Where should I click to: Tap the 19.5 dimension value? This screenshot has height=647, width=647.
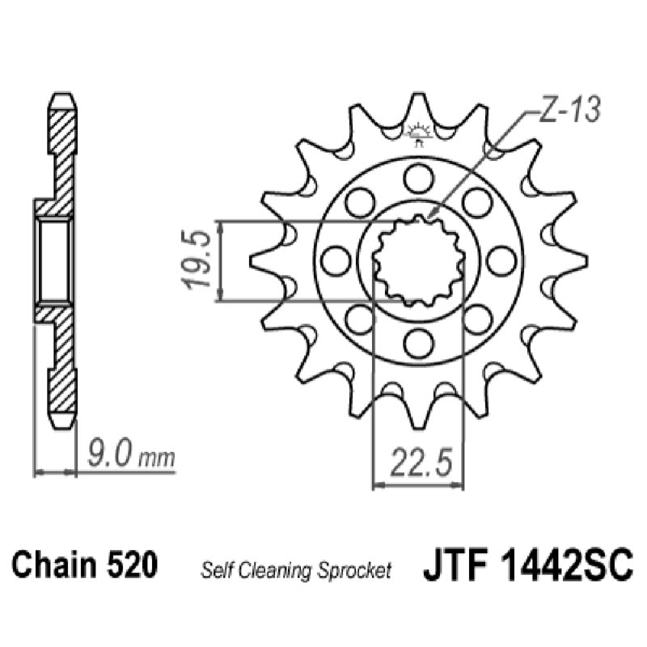point(197,260)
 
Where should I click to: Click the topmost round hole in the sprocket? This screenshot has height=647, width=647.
point(418,176)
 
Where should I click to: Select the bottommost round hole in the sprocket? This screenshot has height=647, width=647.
point(418,344)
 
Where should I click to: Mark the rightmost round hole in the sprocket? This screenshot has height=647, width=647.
point(501,260)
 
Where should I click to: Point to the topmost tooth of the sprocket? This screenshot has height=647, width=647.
point(418,105)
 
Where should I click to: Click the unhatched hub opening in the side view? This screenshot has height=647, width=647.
point(56,260)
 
